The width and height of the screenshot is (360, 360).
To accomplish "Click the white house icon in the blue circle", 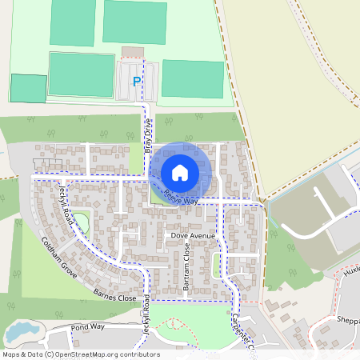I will click(x=180, y=172).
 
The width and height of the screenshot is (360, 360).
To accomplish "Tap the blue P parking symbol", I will click(x=137, y=82).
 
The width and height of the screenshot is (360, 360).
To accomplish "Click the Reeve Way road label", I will click(x=179, y=198).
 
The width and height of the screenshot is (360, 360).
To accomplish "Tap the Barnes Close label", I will click(x=115, y=296).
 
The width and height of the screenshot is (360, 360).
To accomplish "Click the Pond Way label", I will click(x=88, y=327).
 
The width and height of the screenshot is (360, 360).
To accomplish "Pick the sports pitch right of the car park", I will click(x=192, y=78).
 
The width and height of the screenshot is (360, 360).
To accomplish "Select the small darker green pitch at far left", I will click(x=28, y=88).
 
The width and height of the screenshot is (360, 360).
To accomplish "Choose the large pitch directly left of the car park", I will click(x=81, y=74).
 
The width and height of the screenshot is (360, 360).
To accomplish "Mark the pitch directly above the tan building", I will click(x=134, y=22).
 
